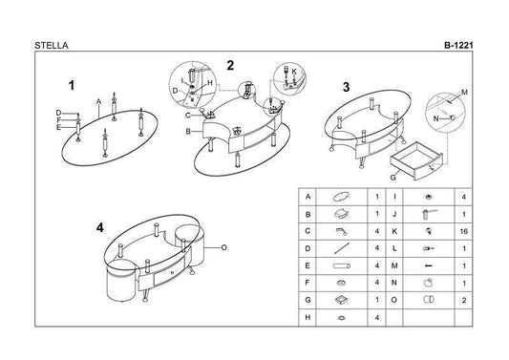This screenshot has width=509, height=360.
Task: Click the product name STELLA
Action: (52, 46)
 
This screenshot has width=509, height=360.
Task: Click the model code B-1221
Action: (458, 46)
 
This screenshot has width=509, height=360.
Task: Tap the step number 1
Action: (72, 86)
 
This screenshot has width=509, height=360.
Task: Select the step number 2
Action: (230, 66)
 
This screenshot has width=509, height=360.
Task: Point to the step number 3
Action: (347, 87)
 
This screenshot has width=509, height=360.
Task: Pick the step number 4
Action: (100, 228)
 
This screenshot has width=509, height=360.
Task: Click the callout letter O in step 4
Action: (223, 247)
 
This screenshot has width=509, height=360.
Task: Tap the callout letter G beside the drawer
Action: (393, 178)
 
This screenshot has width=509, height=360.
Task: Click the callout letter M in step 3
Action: (464, 93)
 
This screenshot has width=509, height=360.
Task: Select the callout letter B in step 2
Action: (188, 132)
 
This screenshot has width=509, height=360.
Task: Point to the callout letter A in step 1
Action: (98, 102)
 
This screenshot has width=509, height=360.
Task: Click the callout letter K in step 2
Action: (294, 72)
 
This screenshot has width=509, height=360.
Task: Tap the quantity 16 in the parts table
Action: (463, 231)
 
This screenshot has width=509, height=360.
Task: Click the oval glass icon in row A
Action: (341, 197)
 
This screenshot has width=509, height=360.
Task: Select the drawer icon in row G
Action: (341, 300)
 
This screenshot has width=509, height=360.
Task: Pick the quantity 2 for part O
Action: (464, 301)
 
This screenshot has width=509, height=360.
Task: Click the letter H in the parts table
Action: (308, 317)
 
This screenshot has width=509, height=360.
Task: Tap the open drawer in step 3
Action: (416, 161)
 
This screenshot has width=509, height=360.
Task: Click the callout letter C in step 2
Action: (188, 116)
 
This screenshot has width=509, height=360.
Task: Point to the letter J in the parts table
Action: (394, 214)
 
